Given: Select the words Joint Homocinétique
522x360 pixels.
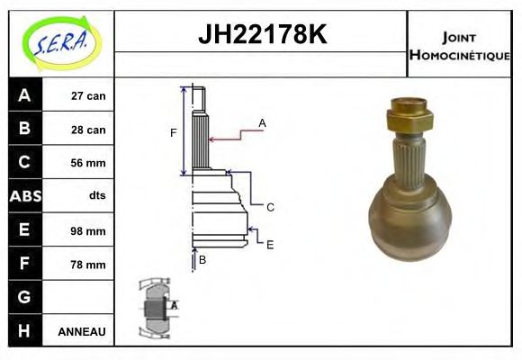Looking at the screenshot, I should [x=460, y=45].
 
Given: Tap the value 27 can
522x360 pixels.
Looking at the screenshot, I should [x=88, y=96].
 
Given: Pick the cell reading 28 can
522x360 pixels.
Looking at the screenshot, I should [x=88, y=130].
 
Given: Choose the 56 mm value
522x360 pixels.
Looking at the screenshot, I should [x=88, y=163].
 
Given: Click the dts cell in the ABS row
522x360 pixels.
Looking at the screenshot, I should [x=96, y=196].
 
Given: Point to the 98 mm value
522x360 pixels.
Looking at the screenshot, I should [x=88, y=230].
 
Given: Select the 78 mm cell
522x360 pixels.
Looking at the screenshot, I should [x=88, y=265].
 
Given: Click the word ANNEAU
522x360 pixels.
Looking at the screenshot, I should [x=82, y=331].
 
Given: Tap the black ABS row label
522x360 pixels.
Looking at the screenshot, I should [x=23, y=196].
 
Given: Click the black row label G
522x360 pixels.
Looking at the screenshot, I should [x=23, y=297].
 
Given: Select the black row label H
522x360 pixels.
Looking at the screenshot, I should [x=23, y=330].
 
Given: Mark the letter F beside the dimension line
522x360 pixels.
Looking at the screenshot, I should [x=174, y=133].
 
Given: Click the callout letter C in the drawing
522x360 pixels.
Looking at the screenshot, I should [x=269, y=207].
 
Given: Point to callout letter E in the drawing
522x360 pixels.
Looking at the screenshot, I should [x=269, y=244].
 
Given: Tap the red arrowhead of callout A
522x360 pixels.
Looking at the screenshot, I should [x=212, y=139].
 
